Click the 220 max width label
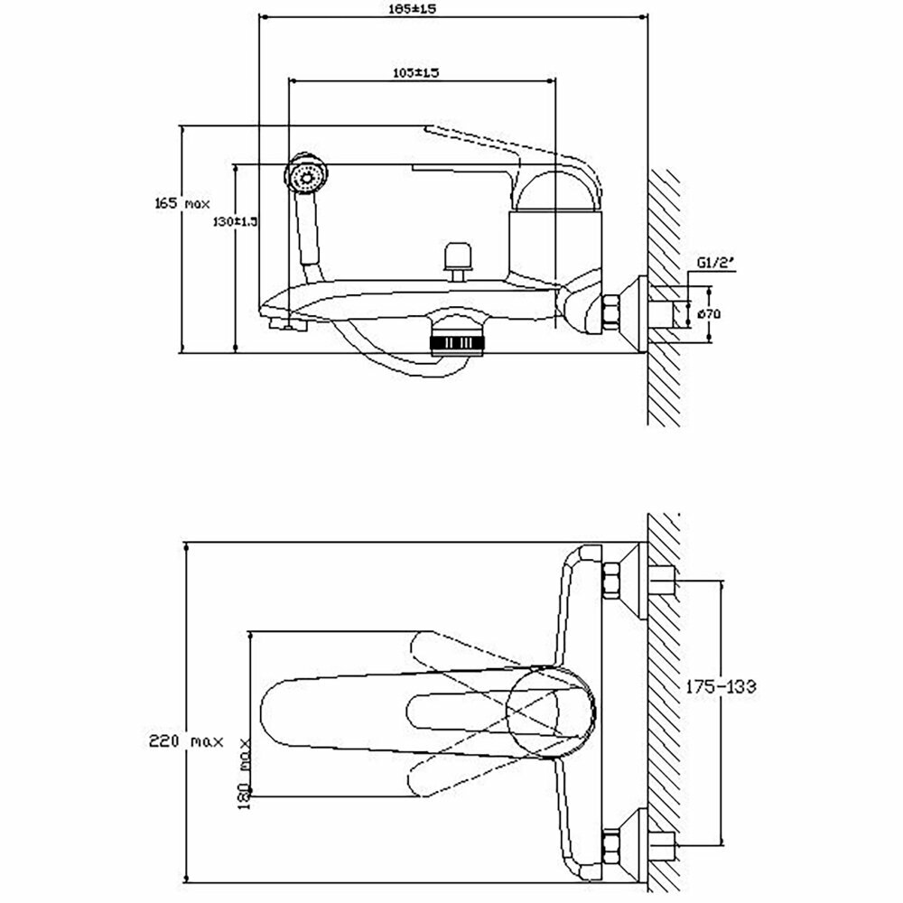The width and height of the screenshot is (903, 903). click(x=186, y=742)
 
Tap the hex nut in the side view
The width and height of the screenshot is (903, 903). click(x=613, y=312)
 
